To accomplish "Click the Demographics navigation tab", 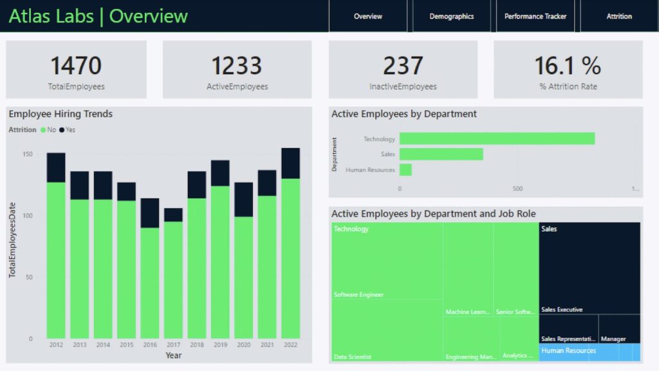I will click(451, 16).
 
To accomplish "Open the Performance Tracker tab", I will click(535, 16).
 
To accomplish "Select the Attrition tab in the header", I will click(619, 16).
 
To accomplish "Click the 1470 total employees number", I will click(76, 66).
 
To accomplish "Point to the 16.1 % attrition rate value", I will click(568, 66).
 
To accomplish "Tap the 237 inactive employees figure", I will click(403, 66).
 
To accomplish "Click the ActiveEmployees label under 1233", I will click(237, 86).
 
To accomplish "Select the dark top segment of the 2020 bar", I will click(244, 199).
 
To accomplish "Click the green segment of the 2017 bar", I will click(173, 280).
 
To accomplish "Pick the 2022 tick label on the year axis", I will click(290, 345).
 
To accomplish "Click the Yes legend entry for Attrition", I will click(68, 129).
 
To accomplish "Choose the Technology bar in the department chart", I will click(497, 138).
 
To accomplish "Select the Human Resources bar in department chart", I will click(405, 169).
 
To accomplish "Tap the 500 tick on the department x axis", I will click(517, 189).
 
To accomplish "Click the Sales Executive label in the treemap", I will click(562, 310).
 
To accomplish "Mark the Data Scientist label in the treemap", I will click(353, 357).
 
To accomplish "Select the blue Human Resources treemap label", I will click(569, 350).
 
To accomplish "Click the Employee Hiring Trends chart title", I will click(60, 114).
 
